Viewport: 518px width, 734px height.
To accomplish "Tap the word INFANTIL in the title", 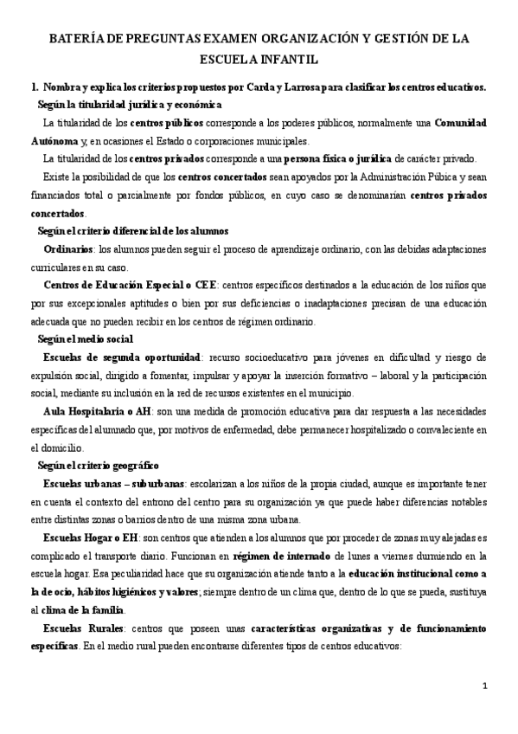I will coord(286,61).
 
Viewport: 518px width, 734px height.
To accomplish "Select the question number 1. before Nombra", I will coord(34,87).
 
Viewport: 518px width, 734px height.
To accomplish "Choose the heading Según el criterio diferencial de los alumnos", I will coord(132,231).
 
